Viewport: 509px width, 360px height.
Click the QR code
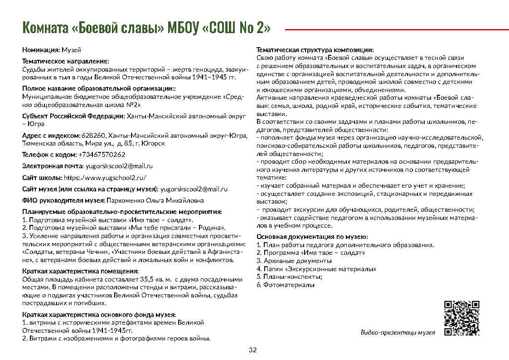(461, 318)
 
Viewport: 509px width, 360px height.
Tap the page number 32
(253, 350)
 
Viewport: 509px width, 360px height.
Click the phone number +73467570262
(102, 155)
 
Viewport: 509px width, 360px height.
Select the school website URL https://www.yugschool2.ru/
(105, 177)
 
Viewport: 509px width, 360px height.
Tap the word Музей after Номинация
(71, 49)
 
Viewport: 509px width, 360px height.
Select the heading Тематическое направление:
(66, 61)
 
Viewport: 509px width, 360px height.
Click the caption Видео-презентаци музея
(398, 332)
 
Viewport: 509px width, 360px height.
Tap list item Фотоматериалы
(289, 285)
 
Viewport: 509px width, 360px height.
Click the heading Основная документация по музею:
(312, 237)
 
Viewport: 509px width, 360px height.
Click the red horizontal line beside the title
(396, 29)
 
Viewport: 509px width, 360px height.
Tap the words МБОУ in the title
(183, 28)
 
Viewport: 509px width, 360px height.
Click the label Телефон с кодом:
(50, 155)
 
